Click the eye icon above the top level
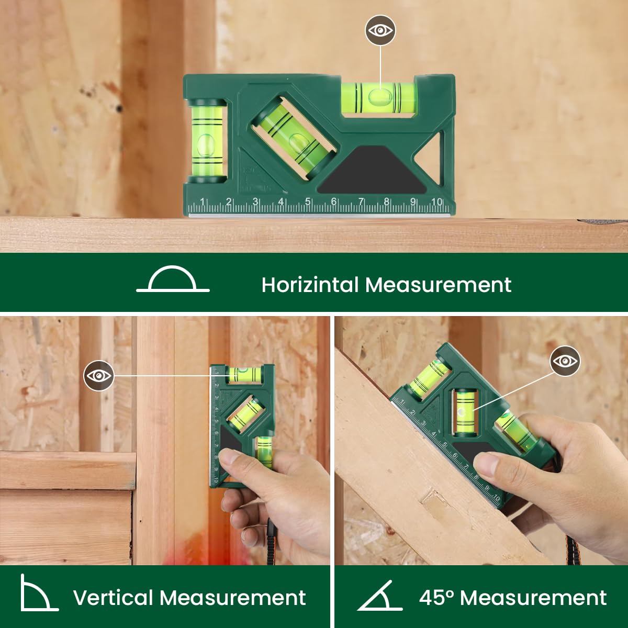380,30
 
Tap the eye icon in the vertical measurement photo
98,376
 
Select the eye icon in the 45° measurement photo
565,361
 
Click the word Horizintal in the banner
310,285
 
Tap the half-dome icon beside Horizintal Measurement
173,278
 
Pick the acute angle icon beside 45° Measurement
379,596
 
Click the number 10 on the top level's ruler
437,201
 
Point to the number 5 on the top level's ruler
308,201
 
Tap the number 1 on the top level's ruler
203,201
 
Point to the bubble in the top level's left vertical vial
206,144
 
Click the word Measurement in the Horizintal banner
439,285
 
